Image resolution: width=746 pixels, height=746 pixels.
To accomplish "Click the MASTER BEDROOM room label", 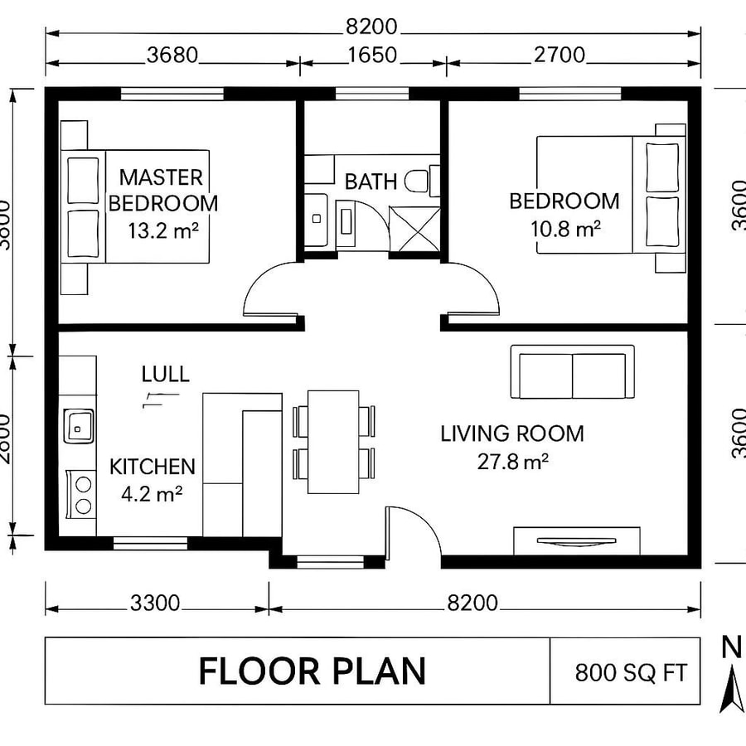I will tap(162, 190).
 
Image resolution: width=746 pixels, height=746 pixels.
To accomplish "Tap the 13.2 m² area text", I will tap(162, 230).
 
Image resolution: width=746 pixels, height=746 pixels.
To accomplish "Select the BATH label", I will tap(371, 182).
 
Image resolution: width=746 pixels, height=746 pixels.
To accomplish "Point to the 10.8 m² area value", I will tap(565, 229).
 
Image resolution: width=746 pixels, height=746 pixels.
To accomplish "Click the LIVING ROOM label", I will tap(511, 434).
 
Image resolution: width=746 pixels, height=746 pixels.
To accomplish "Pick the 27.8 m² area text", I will tap(512, 462).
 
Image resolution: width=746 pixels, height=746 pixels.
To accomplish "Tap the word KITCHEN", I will tap(153, 467).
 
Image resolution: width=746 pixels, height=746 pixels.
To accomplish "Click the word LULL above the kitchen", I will tap(165, 374).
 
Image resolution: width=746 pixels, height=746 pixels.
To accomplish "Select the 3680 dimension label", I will tap(172, 56).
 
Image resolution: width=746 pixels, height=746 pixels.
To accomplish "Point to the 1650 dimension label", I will tap(371, 56).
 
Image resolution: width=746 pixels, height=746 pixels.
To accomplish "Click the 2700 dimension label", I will tap(558, 56).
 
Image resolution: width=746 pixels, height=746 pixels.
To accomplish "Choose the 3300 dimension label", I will tap(155, 603).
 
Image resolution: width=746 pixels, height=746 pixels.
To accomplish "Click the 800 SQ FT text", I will tap(631, 672).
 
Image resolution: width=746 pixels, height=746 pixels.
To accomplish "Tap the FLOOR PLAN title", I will tap(312, 671).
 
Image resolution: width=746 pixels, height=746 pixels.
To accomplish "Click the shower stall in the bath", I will tap(415, 225).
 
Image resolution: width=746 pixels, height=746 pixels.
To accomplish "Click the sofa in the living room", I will tap(573, 372).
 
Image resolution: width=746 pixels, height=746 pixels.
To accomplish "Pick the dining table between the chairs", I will tap(333, 441).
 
